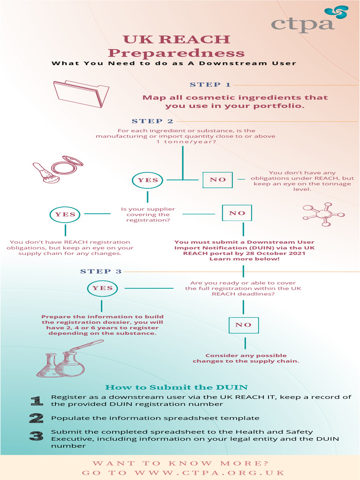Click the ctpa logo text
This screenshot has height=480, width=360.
(302, 24)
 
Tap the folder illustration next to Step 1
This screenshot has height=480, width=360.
(81, 93)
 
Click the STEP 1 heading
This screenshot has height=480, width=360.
(210, 85)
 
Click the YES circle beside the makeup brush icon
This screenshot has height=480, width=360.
(148, 180)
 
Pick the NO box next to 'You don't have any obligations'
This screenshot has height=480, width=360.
(217, 180)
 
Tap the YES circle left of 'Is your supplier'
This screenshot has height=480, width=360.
(65, 215)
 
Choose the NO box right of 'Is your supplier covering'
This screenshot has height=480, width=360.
(237, 213)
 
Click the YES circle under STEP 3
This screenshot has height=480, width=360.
(102, 288)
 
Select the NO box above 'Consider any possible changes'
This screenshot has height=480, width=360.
(243, 325)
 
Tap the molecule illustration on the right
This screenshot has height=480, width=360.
(323, 215)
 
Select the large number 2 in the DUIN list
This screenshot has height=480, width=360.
(36, 418)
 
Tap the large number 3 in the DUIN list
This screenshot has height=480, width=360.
(36, 436)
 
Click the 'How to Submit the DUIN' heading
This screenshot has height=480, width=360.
(176, 387)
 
